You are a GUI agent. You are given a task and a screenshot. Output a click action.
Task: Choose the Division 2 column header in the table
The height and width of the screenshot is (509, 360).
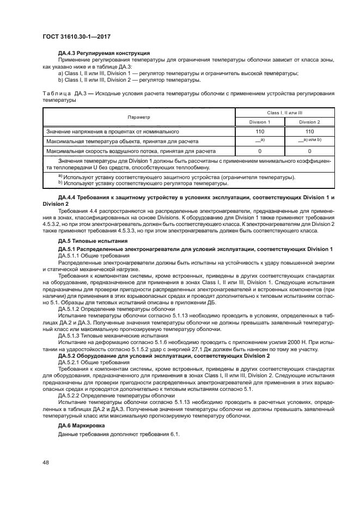(309, 122)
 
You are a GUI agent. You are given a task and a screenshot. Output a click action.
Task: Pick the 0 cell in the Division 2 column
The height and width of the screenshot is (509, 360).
(309, 151)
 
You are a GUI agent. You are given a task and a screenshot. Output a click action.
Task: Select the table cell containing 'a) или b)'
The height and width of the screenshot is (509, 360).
(309, 141)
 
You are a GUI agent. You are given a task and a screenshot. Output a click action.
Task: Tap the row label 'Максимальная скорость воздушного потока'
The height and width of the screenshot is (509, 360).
(131, 151)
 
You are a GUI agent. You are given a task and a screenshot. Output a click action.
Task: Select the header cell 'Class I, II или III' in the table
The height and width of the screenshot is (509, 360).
(284, 112)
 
